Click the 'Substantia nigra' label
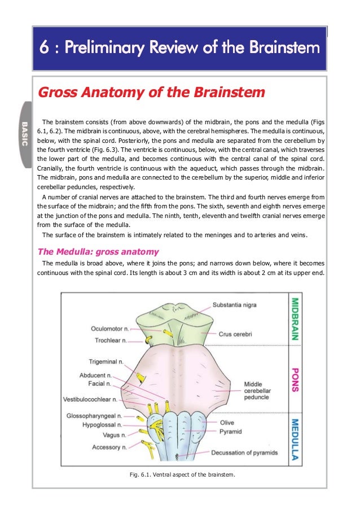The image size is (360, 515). coord(234,305)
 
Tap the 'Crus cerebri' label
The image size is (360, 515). coord(235,334)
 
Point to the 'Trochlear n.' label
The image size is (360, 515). coord(111,341)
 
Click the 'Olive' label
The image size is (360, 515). coord(227,422)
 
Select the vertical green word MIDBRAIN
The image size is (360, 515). coord(294,318)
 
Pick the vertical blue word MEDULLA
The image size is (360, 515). coord(294,439)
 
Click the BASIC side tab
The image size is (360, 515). coord(24,133)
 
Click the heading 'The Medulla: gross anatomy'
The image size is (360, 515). coord(98,251)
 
